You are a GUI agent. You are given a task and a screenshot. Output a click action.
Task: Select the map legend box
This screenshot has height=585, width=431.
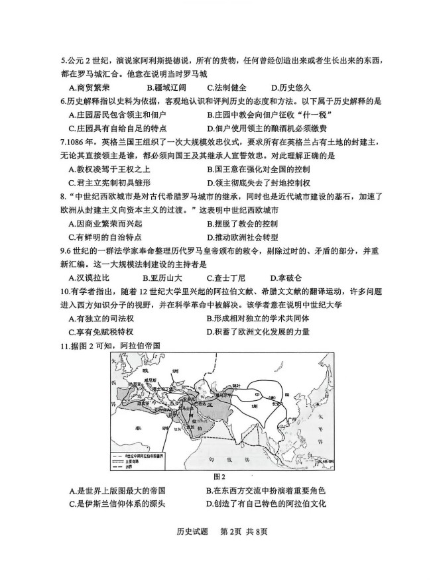pos(139,455)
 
